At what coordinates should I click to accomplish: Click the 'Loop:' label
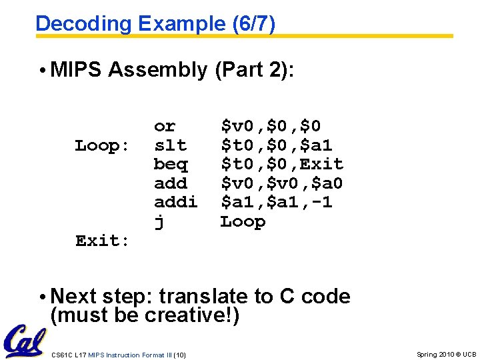(103, 145)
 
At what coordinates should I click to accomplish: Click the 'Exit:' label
(103, 241)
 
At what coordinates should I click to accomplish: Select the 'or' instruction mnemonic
(165, 126)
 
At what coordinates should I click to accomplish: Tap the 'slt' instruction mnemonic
(170, 145)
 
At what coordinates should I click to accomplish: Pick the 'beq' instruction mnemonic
(170, 165)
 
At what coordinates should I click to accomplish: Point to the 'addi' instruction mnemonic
(175, 203)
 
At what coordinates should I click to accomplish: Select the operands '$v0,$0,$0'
(271, 126)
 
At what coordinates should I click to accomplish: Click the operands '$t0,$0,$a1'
(277, 145)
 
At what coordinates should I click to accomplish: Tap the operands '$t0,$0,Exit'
(282, 164)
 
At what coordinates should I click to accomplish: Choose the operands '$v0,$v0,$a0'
(282, 183)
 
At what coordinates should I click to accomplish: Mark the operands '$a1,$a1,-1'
(277, 203)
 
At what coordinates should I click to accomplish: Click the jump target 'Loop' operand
(243, 221)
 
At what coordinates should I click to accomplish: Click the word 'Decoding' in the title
(84, 24)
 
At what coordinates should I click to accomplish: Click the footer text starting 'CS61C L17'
(118, 354)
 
